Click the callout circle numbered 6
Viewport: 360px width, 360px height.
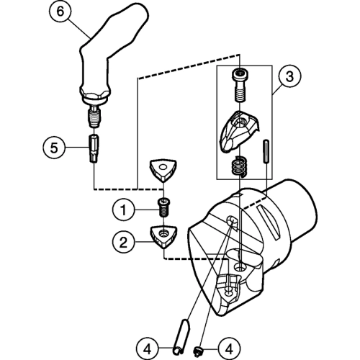tap(60, 12)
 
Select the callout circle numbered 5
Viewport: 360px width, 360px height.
tap(54, 147)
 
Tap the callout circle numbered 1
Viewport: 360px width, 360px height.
tap(123, 210)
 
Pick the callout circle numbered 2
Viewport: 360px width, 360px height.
tap(123, 242)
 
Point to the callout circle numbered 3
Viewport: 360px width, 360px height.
tap(289, 76)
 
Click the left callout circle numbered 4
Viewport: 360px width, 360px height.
tap(148, 348)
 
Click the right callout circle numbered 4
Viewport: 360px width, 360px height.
tap(230, 348)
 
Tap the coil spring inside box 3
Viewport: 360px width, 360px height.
tap(239, 166)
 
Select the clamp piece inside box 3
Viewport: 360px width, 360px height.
tap(238, 130)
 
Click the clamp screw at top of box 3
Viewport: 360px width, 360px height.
tap(240, 84)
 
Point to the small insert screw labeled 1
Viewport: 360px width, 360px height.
tap(163, 207)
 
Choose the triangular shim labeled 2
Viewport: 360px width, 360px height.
tap(163, 237)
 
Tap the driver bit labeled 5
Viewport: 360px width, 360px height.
tap(94, 148)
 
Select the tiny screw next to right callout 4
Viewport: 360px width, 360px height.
tap(198, 351)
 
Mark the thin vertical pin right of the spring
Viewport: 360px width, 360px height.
tap(266, 151)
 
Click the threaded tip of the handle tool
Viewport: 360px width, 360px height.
tap(95, 117)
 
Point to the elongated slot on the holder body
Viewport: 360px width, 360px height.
tap(268, 222)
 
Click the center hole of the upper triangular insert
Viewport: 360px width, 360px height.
tap(163, 166)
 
